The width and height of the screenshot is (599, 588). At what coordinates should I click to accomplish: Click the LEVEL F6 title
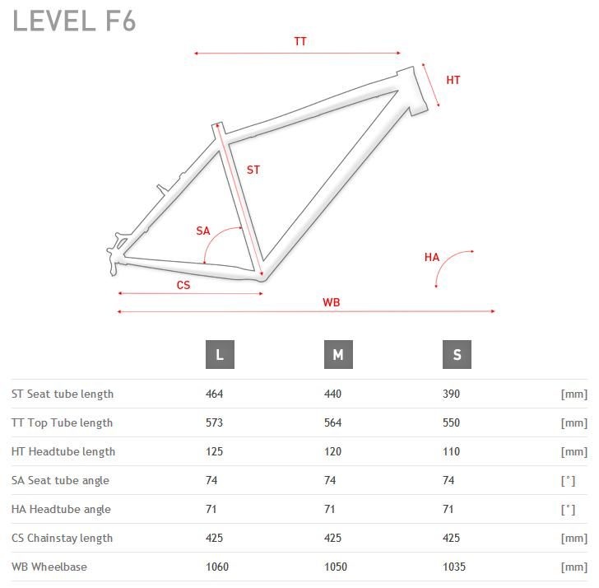tap(74, 21)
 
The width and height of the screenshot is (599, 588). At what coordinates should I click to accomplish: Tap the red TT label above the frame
tap(300, 41)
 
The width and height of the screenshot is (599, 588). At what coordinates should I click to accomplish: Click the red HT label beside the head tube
tap(453, 80)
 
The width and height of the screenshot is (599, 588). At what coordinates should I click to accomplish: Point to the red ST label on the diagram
tap(253, 170)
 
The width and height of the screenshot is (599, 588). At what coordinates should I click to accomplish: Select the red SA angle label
tap(203, 231)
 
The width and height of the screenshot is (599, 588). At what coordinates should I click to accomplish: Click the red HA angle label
tap(432, 257)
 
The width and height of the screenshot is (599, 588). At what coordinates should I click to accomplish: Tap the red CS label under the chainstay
tap(183, 285)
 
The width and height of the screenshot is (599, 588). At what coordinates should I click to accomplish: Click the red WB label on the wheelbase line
tap(332, 302)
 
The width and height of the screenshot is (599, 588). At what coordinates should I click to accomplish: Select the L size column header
tap(220, 354)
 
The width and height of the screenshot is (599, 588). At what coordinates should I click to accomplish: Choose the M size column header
tap(338, 354)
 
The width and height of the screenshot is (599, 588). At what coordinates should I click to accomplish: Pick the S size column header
tap(457, 354)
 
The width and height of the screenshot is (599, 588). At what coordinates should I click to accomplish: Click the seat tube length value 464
tap(214, 394)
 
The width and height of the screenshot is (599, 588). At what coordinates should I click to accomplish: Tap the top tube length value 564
tap(332, 422)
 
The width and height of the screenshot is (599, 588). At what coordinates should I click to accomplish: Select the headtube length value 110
tap(451, 451)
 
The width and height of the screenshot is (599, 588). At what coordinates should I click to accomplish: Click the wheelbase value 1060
tap(217, 567)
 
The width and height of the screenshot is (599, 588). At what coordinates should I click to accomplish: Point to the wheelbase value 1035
tap(454, 567)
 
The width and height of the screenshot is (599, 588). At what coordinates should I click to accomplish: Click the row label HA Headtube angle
tap(61, 509)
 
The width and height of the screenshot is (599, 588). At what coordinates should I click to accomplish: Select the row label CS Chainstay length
tap(62, 539)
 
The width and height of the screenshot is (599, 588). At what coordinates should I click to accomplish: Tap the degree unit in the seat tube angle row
tap(568, 481)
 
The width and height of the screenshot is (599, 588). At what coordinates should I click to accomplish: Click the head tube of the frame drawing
tap(412, 91)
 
